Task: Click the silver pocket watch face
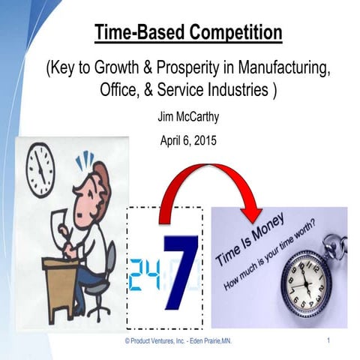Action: click(x=305, y=280)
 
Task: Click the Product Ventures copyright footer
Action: click(x=178, y=341)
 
